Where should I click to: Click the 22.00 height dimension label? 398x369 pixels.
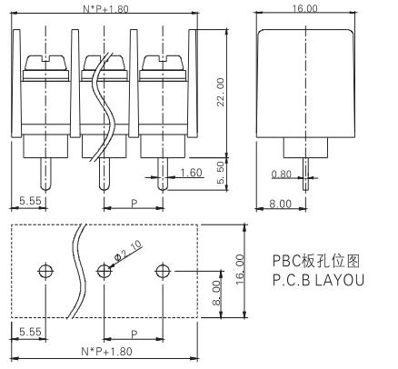click(x=221, y=92)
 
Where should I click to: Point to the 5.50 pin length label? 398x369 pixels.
click(x=221, y=172)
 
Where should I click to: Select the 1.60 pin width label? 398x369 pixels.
click(x=191, y=173)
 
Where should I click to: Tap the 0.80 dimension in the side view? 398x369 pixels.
click(x=282, y=174)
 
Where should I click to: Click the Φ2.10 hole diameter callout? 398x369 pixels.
click(x=128, y=251)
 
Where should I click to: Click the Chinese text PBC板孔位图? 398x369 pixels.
click(x=316, y=261)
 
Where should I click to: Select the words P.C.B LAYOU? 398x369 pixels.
click(x=318, y=280)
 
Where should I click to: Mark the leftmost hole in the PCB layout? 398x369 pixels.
click(x=46, y=271)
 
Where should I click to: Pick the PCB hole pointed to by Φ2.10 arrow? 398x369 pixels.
click(x=104, y=271)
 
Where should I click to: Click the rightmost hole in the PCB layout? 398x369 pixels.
click(x=163, y=271)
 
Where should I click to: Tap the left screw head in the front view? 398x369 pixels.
click(x=45, y=64)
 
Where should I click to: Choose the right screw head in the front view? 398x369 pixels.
click(x=163, y=64)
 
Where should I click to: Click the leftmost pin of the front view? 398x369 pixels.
click(x=45, y=175)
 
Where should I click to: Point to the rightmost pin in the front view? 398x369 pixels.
click(x=163, y=175)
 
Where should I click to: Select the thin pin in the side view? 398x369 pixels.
click(x=305, y=175)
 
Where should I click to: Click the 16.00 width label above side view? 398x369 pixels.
click(x=305, y=8)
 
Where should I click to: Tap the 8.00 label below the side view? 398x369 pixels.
click(x=281, y=204)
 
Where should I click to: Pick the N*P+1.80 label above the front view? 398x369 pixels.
click(x=105, y=9)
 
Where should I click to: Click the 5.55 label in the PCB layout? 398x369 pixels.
click(x=30, y=332)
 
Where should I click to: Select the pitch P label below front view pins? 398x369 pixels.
click(x=134, y=204)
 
